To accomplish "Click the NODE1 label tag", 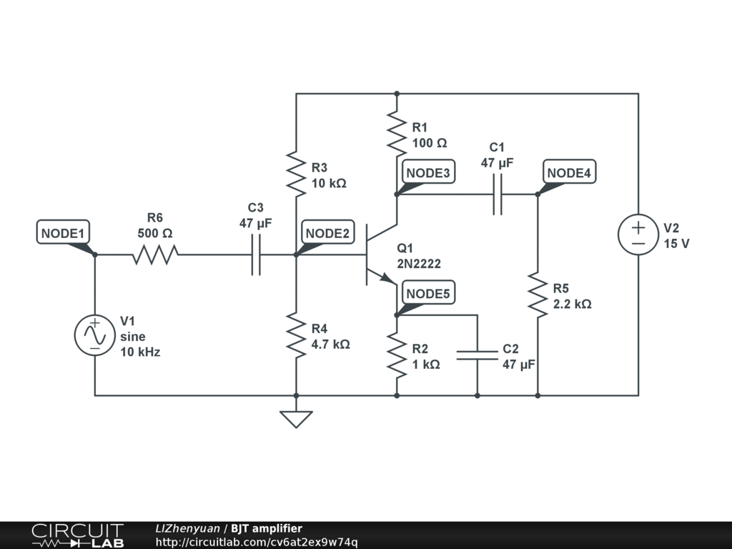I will click(x=63, y=233).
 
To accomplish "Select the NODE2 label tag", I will click(x=327, y=233).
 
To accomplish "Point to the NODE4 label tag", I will click(x=570, y=172).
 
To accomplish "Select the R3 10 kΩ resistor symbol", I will click(x=296, y=172).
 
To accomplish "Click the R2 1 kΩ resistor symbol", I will click(x=396, y=355).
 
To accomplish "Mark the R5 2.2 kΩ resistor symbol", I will click(x=537, y=294).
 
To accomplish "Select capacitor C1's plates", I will click(x=498, y=194).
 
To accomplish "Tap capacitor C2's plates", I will click(x=477, y=355).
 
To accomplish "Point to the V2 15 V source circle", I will click(x=638, y=237).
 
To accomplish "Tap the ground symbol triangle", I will click(x=296, y=419).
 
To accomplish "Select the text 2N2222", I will click(x=419, y=264).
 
